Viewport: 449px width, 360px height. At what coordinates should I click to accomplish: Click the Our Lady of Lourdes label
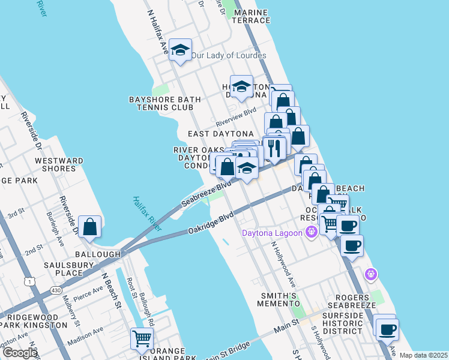click(x=229, y=56)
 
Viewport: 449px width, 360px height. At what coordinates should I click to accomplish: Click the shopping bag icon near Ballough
click(x=89, y=227)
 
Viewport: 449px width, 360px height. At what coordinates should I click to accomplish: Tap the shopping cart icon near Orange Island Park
click(x=142, y=338)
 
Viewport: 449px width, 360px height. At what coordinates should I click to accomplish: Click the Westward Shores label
click(x=59, y=164)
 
